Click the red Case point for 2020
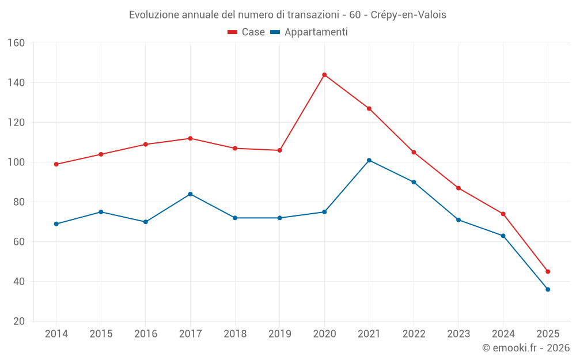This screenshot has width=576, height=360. point(324,75)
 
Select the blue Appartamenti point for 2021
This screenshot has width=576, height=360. point(369,160)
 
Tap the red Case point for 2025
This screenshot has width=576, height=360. point(548,271)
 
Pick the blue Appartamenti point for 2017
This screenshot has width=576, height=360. point(190,194)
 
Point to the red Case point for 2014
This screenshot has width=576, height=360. point(56,164)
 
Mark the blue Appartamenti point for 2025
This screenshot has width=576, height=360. point(548,289)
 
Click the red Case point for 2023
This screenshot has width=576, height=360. point(458,188)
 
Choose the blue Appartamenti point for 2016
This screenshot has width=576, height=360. point(146,222)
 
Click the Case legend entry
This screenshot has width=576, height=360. point(247,32)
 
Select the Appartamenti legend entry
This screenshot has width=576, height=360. point(309,32)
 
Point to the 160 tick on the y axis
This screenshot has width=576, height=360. point(17,43)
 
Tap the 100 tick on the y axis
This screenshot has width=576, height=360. point(17,162)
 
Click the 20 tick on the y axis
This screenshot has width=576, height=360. point(19,321)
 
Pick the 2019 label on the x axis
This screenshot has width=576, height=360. point(279,334)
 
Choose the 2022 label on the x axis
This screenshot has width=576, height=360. point(414,334)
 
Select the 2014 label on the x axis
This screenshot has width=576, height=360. point(56,334)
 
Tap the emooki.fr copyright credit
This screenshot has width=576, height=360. point(525,348)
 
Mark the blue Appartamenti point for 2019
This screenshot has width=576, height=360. point(279,218)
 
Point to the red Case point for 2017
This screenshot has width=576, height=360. point(190,138)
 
